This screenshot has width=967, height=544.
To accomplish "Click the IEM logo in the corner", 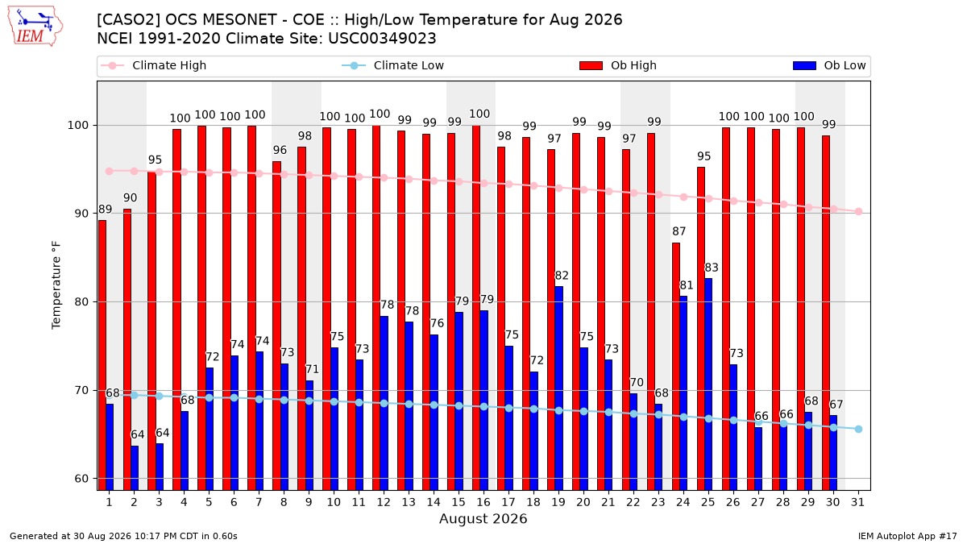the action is click(x=35, y=27).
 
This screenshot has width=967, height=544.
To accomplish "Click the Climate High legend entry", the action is click(x=153, y=65).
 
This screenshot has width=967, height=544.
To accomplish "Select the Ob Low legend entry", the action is click(x=829, y=65).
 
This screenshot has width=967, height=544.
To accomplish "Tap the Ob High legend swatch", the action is click(x=591, y=65).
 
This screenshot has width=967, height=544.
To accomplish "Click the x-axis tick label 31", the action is click(x=857, y=502).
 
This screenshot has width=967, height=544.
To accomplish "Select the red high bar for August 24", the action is click(x=676, y=367).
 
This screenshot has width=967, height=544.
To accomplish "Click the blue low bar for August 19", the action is click(x=558, y=388).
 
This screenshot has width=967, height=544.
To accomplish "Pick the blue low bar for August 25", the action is click(x=708, y=384).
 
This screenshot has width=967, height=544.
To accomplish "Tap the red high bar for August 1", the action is click(x=102, y=355).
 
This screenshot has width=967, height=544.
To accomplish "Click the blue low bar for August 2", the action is click(x=135, y=468).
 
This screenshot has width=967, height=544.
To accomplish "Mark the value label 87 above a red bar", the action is click(x=679, y=231).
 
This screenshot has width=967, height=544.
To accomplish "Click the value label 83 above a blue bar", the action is click(x=712, y=268).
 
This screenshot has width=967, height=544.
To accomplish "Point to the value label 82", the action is click(x=562, y=276).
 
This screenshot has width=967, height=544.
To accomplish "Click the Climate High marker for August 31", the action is click(x=859, y=211).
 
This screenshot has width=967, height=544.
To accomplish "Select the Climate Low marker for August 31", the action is click(x=859, y=429).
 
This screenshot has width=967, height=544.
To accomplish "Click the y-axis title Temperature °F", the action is click(x=56, y=285).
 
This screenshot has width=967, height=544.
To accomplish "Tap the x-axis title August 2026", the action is click(x=483, y=518).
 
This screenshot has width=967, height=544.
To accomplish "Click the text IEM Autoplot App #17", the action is click(x=907, y=536).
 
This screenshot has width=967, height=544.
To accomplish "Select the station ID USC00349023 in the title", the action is click(x=382, y=39).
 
